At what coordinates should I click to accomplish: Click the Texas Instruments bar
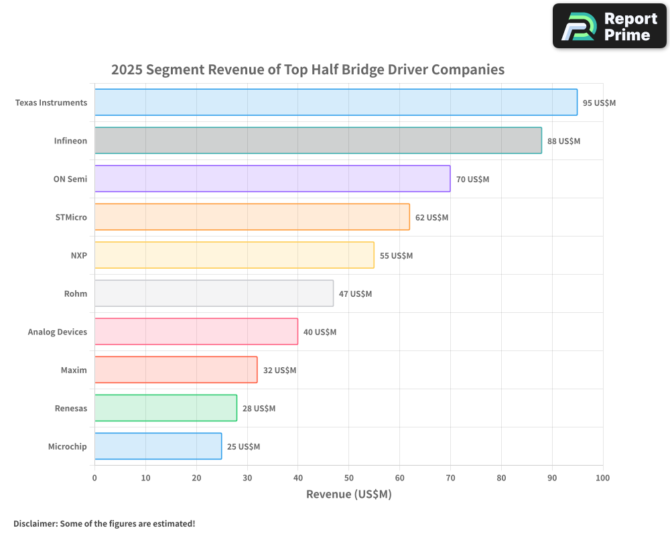pyautogui.click(x=335, y=103)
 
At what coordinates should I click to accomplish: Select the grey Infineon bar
pyautogui.click(x=318, y=141)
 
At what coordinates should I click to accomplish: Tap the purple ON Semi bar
pyautogui.click(x=272, y=179)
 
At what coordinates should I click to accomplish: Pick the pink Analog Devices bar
pyautogui.click(x=196, y=332)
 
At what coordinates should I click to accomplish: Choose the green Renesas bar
pyautogui.click(x=165, y=408)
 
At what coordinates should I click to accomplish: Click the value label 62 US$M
pyautogui.click(x=432, y=218)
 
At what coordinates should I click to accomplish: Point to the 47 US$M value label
pyautogui.click(x=355, y=294)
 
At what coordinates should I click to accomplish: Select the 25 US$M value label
pyautogui.click(x=243, y=447)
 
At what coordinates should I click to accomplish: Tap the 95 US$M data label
pyautogui.click(x=599, y=103)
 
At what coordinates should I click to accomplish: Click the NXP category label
pyautogui.click(x=78, y=255)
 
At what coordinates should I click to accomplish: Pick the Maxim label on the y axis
pyautogui.click(x=74, y=370)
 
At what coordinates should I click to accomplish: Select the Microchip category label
pyautogui.click(x=67, y=446)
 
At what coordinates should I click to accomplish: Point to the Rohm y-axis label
pyautogui.click(x=76, y=293)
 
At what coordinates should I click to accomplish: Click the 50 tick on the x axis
pyautogui.click(x=348, y=478)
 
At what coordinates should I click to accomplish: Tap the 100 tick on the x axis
pyautogui.click(x=602, y=478)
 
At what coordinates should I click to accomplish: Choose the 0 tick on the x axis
pyautogui.click(x=94, y=478)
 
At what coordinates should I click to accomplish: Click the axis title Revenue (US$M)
pyautogui.click(x=348, y=494)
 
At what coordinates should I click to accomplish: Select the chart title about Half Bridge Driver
pyautogui.click(x=308, y=70)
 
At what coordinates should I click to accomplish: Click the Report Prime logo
pyautogui.click(x=609, y=26)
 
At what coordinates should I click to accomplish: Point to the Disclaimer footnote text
pyautogui.click(x=104, y=523)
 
